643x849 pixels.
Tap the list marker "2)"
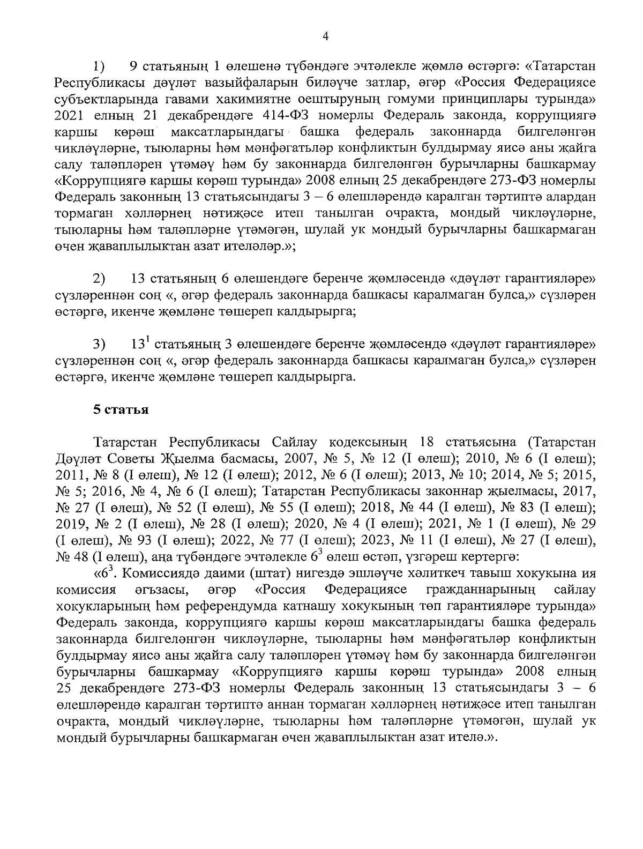pyautogui.click(x=99, y=279)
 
